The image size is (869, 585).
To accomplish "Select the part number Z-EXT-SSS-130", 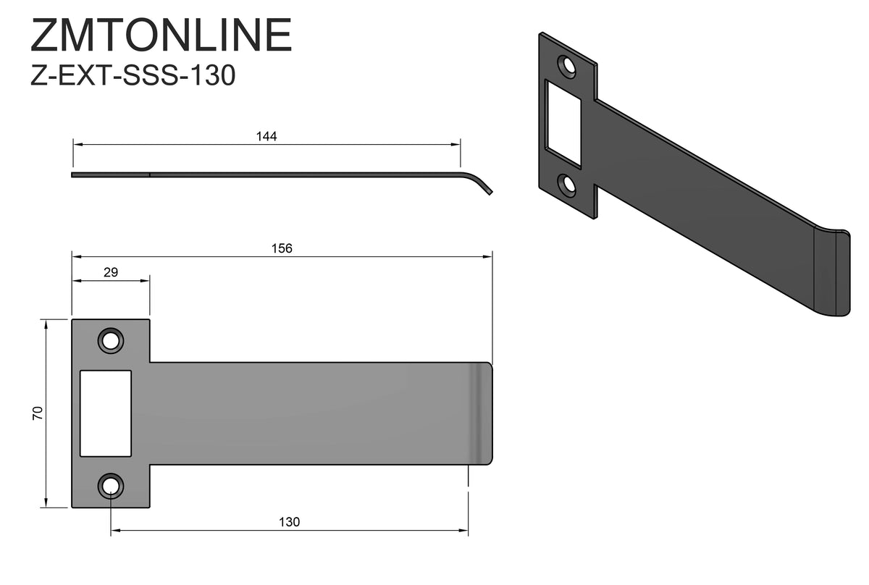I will click(133, 75).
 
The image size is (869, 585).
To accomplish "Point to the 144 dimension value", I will click(266, 136).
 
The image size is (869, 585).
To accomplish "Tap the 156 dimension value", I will click(282, 248).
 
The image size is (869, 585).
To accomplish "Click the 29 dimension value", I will click(110, 272).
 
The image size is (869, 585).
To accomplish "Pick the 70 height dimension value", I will click(38, 413).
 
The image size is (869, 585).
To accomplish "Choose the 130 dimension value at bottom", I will click(289, 521).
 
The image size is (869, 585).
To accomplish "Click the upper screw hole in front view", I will click(111, 340).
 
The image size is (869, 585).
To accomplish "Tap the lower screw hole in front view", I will click(111, 486).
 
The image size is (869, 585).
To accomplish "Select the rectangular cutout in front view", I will click(106, 413).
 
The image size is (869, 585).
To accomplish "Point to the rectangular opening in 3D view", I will click(563, 123).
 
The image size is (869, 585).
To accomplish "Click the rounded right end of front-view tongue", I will click(484, 413).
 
